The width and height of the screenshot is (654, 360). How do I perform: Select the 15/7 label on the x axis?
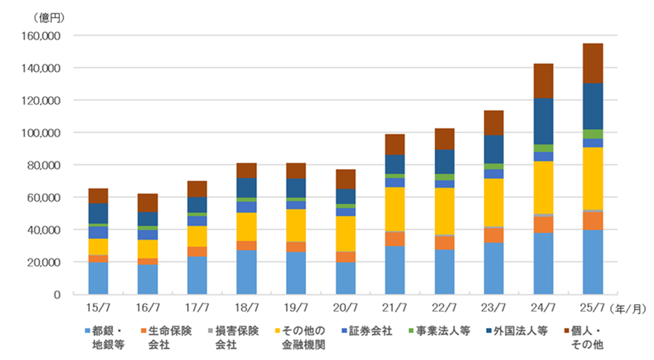pos(98,306)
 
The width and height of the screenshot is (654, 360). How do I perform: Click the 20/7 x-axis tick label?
pos(345,306)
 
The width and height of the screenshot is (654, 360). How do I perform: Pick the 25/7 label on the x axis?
pos(592,306)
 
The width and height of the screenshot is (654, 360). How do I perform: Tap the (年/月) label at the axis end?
pos(631,306)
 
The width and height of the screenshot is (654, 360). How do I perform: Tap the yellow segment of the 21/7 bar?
pos(395,209)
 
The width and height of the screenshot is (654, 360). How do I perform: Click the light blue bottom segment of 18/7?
pos(246,272)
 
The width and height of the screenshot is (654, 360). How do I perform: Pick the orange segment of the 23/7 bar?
pos(494,235)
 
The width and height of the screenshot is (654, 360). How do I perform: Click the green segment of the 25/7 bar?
pos(592,134)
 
